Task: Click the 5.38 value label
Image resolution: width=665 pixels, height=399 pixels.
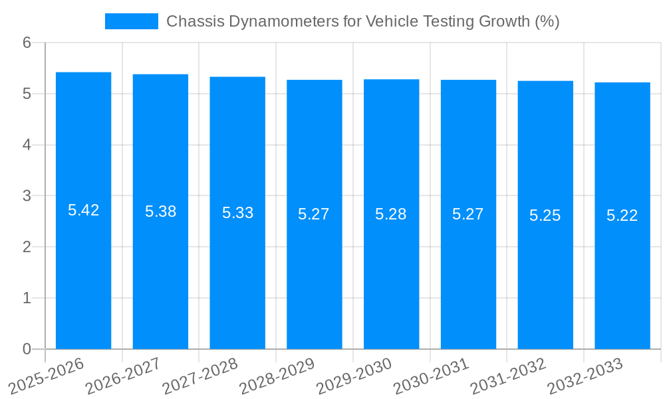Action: pos(160,211)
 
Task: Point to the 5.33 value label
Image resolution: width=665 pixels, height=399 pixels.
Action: pos(237,213)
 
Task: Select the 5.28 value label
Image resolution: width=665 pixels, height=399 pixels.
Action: pos(391,214)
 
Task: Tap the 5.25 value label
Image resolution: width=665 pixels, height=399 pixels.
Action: pos(545,215)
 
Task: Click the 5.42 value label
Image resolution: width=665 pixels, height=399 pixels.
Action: pos(83,210)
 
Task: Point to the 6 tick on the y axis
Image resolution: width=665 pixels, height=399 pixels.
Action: pos(27,43)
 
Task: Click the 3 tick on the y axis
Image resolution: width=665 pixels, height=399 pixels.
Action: pos(27,196)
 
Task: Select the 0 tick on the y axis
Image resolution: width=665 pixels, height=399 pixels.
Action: pos(27,349)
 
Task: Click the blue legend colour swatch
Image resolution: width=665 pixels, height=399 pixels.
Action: pos(131,21)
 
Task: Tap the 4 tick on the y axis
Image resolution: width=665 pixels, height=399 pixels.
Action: pos(27,145)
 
